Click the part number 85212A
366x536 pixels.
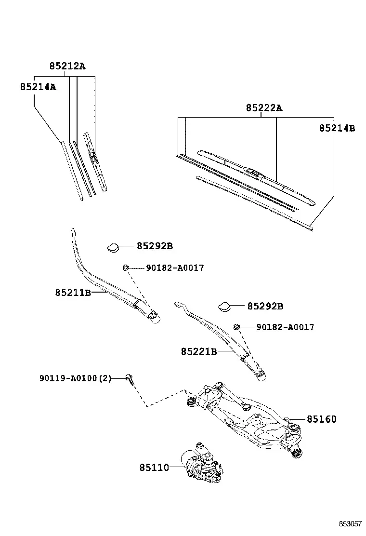click(67, 66)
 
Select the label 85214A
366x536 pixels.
click(38, 87)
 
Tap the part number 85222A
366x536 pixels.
click(264, 107)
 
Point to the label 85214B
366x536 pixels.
click(337, 128)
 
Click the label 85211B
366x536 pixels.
click(73, 293)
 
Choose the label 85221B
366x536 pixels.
click(199, 351)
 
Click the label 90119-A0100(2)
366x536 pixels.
click(76, 378)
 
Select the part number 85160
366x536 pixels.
click(322, 419)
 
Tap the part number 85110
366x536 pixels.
click(154, 467)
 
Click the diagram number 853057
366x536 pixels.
click(350, 523)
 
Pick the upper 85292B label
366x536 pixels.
click(155, 246)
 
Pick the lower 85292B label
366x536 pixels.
click(265, 306)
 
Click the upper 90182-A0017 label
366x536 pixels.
click(175, 268)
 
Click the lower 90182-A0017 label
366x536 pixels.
click(286, 327)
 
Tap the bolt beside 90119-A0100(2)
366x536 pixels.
click(130, 379)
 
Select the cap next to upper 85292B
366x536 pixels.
click(113, 247)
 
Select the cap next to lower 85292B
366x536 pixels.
click(224, 307)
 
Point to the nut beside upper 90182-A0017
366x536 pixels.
click(125, 268)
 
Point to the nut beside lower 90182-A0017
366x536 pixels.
click(236, 327)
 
